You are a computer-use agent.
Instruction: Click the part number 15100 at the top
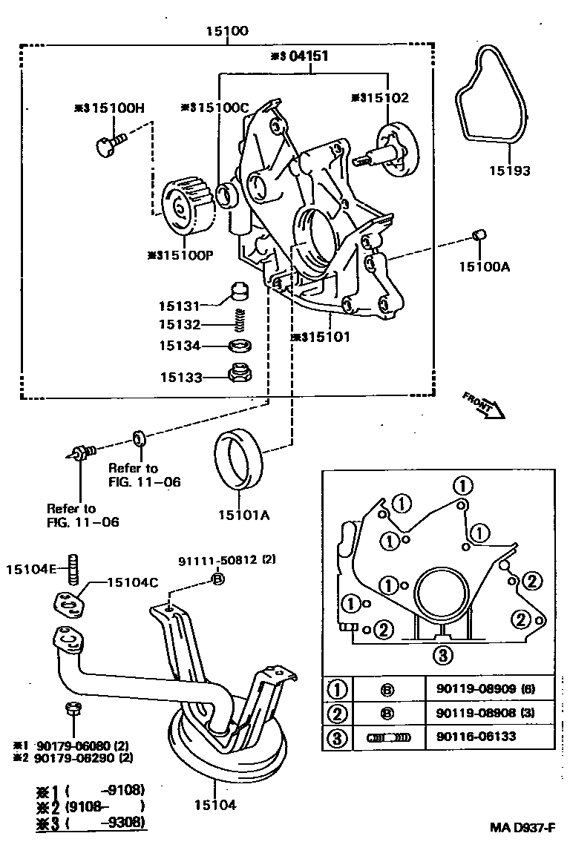click(x=228, y=31)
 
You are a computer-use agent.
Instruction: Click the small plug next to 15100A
click(x=479, y=237)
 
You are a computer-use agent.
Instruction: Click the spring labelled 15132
click(x=239, y=320)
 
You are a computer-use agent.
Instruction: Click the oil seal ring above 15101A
click(x=237, y=460)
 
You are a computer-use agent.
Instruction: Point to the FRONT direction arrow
click(x=485, y=405)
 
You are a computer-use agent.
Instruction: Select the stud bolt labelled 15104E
click(x=73, y=569)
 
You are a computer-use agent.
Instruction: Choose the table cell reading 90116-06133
click(x=472, y=737)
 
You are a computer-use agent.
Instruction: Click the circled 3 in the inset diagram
click(x=442, y=654)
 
